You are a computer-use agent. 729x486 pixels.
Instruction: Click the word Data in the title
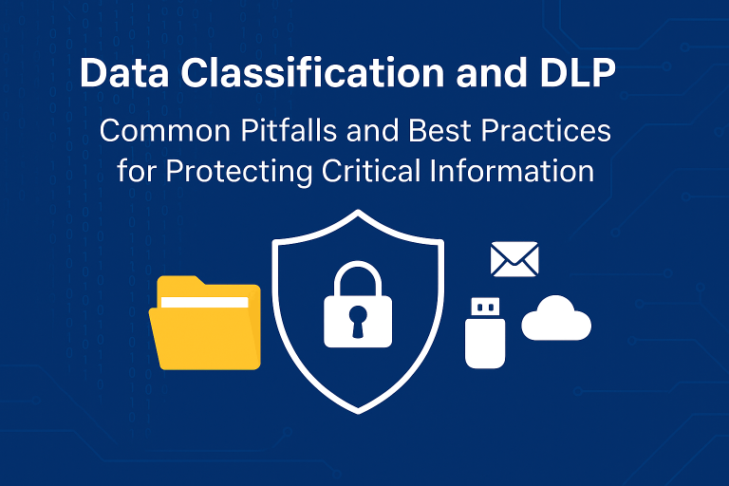point(115,74)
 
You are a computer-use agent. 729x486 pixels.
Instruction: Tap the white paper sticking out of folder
point(205,302)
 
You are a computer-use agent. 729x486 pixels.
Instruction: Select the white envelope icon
point(514,259)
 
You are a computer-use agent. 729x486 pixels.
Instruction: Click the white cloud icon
point(556,319)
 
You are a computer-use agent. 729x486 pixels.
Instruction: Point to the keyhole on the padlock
point(358,317)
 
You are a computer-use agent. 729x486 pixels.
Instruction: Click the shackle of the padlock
point(358,274)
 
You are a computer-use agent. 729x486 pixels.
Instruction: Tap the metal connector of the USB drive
point(485,308)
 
